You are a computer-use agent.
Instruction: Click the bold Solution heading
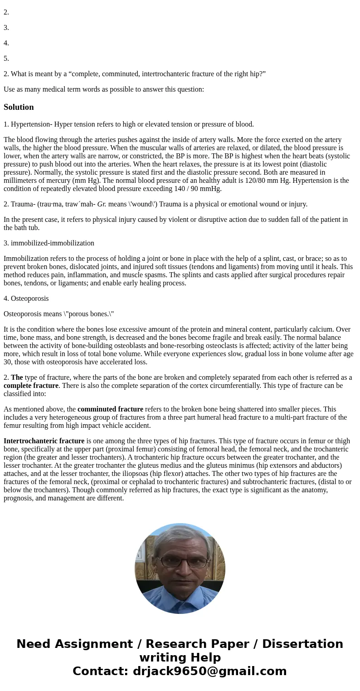[x=19, y=107]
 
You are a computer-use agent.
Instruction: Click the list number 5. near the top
[x=6, y=59]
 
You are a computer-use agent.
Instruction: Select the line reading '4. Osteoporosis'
[x=26, y=299]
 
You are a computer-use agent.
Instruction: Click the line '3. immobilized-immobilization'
[x=49, y=243]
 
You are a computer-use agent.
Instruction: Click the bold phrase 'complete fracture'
[x=31, y=386]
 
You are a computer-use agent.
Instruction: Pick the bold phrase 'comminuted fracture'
[x=110, y=409]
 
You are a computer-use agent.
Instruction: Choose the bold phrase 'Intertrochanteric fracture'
[x=44, y=441]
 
